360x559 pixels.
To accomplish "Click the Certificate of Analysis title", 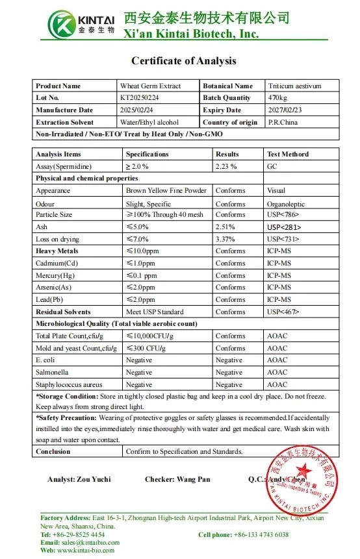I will (x=184, y=61).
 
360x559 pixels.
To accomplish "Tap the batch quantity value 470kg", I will (x=277, y=98).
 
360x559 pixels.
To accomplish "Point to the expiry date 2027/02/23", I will (x=285, y=110).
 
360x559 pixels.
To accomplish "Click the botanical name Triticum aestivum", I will (x=294, y=86).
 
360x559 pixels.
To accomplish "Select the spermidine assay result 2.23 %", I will (x=225, y=166).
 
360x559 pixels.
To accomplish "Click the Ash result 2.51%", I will (x=225, y=227).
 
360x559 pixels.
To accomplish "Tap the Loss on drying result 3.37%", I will (x=225, y=239).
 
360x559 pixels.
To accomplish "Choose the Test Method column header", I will (x=288, y=154).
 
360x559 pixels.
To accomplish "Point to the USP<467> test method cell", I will (x=284, y=312).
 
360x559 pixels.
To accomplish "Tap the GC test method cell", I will (x=273, y=166).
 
